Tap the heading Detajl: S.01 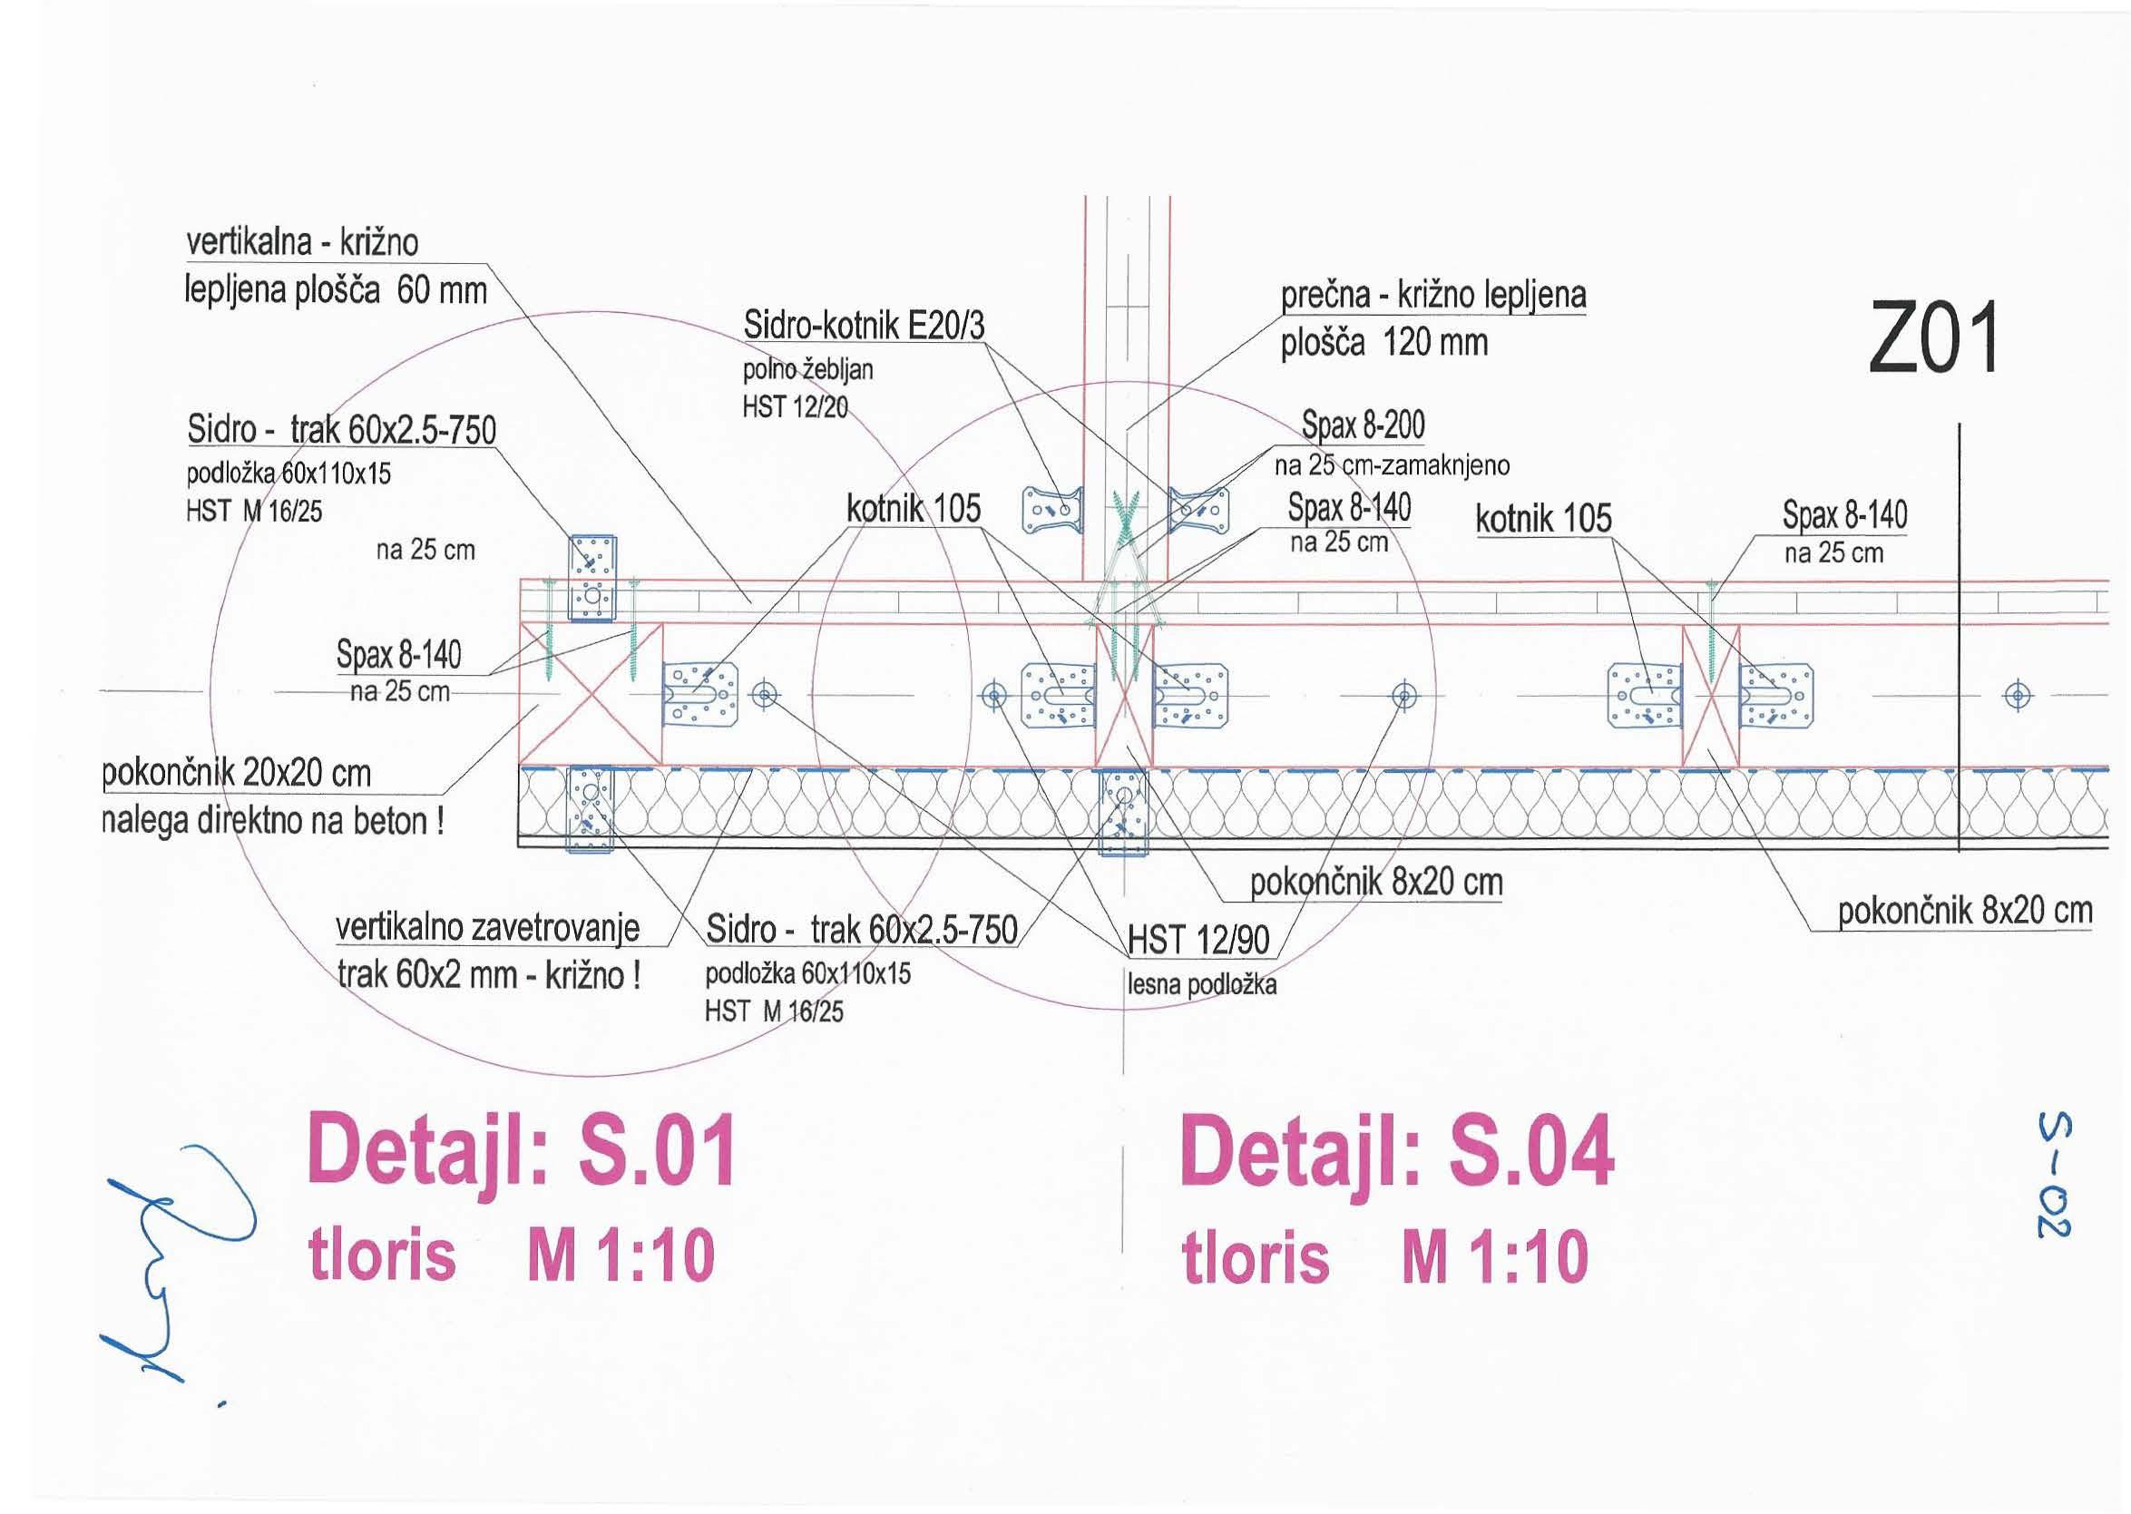click(x=522, y=1151)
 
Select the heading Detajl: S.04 click(x=1396, y=1151)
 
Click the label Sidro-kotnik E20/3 click(x=864, y=327)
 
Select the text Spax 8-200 click(x=1363, y=425)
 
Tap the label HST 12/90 click(x=1198, y=940)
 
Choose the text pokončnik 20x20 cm click(x=236, y=773)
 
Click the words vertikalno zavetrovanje click(x=487, y=928)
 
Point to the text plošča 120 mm click(x=1383, y=343)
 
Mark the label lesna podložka click(x=1202, y=984)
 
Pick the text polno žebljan click(x=807, y=370)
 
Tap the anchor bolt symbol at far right click(x=2018, y=696)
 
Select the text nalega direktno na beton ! click(x=272, y=821)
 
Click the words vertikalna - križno click(x=302, y=242)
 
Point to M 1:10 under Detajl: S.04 click(x=1494, y=1256)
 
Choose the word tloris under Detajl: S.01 click(x=382, y=1255)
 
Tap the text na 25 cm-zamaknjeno click(x=1391, y=464)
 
